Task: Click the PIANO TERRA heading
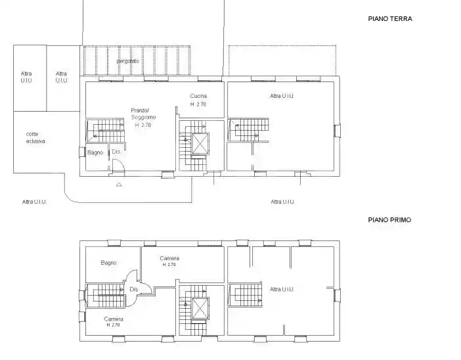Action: click(390, 19)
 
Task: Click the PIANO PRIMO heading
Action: click(389, 220)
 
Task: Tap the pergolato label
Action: click(127, 62)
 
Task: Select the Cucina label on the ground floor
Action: click(198, 96)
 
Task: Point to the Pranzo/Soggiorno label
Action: click(143, 114)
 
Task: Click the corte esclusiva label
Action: click(35, 138)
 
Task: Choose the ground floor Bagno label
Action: click(95, 152)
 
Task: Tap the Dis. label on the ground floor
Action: click(116, 152)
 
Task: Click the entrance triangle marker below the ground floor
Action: click(119, 185)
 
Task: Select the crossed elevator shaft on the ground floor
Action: click(200, 143)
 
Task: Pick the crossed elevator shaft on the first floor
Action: click(200, 308)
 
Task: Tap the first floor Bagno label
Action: click(108, 263)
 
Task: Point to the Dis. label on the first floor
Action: click(134, 290)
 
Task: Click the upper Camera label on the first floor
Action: click(169, 258)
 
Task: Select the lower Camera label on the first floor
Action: click(114, 319)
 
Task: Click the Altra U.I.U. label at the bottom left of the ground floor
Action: click(34, 202)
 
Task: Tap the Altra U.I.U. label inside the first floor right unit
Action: click(282, 290)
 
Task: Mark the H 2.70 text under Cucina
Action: click(198, 104)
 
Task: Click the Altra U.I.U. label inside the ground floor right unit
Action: click(282, 96)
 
